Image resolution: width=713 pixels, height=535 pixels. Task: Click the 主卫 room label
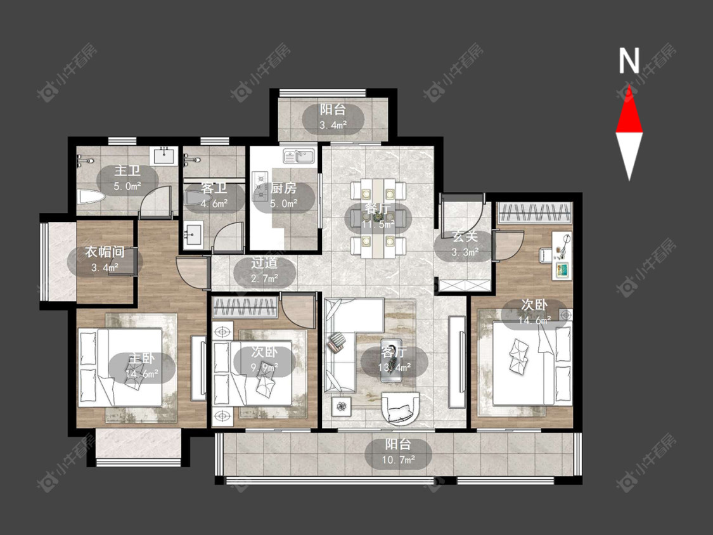point(127,171)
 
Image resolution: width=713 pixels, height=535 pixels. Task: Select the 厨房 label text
point(283,188)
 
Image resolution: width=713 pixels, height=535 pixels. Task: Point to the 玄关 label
point(465,236)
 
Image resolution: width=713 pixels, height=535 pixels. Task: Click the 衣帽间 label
point(105,252)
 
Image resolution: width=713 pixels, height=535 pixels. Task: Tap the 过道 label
point(265,262)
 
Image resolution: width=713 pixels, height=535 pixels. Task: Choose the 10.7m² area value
point(399,460)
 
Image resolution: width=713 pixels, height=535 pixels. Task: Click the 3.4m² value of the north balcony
point(333,125)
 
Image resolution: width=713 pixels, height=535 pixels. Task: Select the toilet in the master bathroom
point(91,197)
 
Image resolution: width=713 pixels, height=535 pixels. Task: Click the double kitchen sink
point(299,156)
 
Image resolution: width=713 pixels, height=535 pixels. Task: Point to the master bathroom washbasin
point(165,155)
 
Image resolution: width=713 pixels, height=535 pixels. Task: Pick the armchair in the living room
point(400,408)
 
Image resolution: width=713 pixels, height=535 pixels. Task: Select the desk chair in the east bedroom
point(546,255)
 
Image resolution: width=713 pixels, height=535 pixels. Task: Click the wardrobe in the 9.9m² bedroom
point(245,307)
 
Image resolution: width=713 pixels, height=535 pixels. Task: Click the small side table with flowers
point(342,404)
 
